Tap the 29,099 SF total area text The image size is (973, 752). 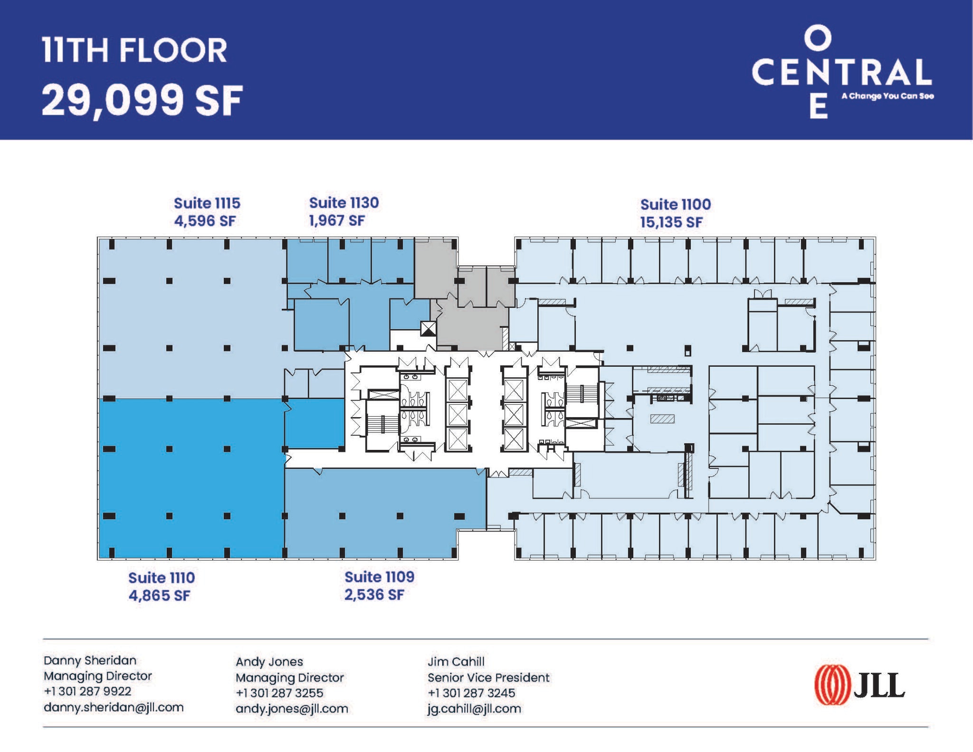(142, 100)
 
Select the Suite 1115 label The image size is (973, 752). (207, 203)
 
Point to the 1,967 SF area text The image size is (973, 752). (337, 221)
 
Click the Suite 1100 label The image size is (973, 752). (675, 205)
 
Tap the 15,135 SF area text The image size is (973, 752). (671, 222)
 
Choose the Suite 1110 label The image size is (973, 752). (162, 578)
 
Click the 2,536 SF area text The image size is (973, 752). (374, 595)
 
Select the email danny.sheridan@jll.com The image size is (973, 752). (114, 707)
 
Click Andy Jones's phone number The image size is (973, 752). (279, 693)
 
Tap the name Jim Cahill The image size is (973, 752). (456, 662)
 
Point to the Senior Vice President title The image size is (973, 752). (488, 677)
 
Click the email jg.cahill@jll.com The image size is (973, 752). (474, 709)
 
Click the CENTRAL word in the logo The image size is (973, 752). (841, 72)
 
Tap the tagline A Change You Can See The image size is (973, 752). (887, 96)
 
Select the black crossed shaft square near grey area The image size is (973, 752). (428, 328)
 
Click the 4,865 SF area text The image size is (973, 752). (159, 596)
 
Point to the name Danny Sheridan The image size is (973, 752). (90, 660)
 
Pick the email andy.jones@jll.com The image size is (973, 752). (292, 709)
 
